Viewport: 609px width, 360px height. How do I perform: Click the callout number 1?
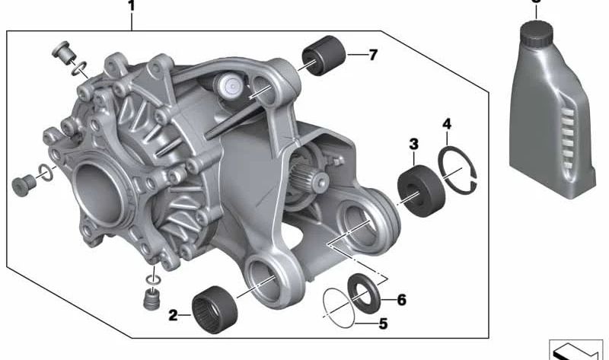tap(131, 7)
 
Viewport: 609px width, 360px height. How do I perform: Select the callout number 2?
tap(174, 314)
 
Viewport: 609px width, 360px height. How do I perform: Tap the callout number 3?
tap(413, 143)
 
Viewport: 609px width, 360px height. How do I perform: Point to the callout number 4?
tap(448, 123)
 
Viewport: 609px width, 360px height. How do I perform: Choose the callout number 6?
tap(401, 300)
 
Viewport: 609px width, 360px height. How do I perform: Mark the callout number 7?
tap(372, 55)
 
